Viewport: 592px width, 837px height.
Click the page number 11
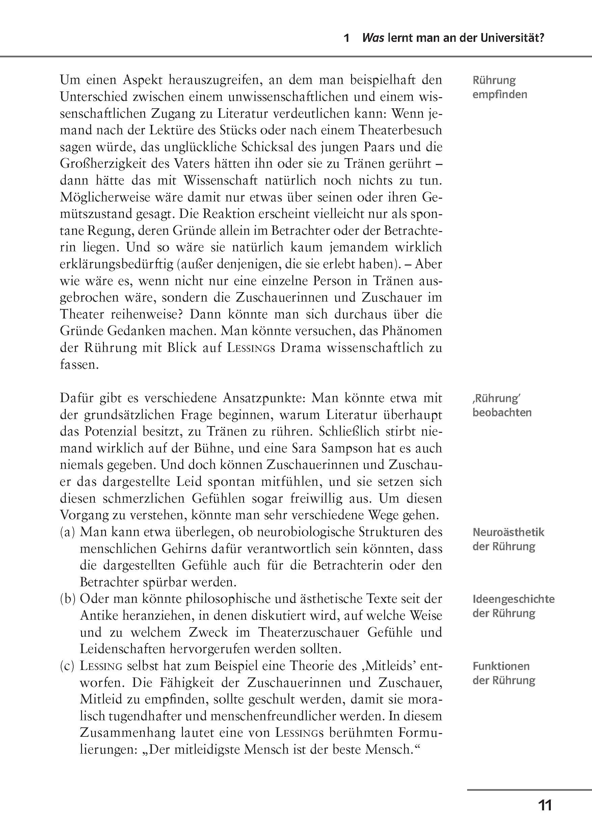tap(545, 805)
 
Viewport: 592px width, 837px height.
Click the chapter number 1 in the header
tap(347, 38)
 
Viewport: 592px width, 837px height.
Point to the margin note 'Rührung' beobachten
tap(502, 406)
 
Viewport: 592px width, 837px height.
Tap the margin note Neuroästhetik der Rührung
tap(508, 539)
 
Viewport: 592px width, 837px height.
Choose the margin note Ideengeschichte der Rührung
tap(513, 606)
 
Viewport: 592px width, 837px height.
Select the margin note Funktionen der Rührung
tap(504, 673)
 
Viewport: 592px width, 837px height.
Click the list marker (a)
tap(68, 532)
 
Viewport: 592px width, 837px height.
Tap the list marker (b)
tap(68, 599)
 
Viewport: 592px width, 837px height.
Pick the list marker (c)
tap(68, 666)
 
